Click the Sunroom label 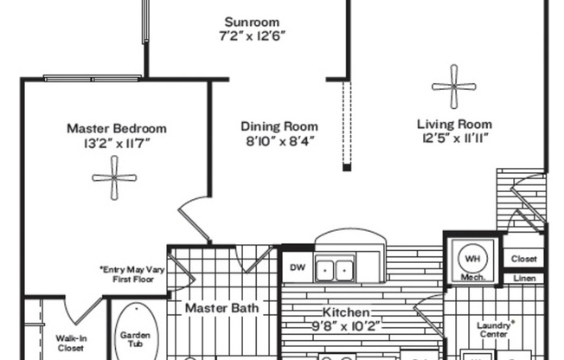[x=251, y=22]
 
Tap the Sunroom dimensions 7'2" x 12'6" [x=251, y=35]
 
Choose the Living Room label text [x=453, y=124]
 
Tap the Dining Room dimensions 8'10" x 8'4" [x=278, y=139]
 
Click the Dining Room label [x=279, y=125]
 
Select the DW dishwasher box [x=297, y=267]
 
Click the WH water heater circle [x=471, y=257]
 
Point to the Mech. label [x=471, y=278]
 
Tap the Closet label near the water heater [x=523, y=259]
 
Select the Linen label [x=523, y=278]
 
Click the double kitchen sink [x=335, y=270]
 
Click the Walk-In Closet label [x=70, y=344]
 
